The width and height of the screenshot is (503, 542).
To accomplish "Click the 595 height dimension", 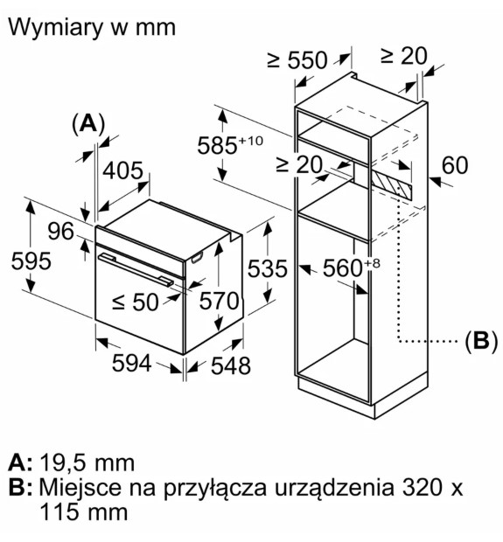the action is (x=31, y=261).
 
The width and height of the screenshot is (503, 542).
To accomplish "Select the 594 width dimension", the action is (x=132, y=363).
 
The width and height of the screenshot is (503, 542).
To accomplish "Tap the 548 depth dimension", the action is (x=231, y=365).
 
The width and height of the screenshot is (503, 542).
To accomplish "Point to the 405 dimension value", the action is (x=123, y=170).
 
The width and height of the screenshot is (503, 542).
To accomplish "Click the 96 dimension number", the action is (x=60, y=232).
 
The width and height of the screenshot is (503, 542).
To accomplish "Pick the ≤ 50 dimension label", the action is (x=136, y=302).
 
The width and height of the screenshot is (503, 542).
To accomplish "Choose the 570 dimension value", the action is (x=220, y=301).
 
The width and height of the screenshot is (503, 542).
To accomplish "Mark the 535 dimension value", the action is (x=268, y=268).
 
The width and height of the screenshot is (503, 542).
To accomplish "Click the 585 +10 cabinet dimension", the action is (x=230, y=145).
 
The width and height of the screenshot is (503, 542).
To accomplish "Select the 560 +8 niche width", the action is (x=351, y=268).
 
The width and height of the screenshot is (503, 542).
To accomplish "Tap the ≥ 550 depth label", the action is (x=297, y=60).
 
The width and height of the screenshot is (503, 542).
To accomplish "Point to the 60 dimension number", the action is (x=455, y=165).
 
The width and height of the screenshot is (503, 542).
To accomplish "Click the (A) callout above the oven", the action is (x=88, y=124).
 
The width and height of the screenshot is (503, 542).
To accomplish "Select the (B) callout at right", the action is (x=481, y=341).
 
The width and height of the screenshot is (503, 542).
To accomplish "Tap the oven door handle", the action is (x=136, y=270).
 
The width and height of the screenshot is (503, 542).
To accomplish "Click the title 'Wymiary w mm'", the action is (x=92, y=28).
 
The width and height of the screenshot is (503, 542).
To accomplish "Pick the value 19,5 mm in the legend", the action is (x=87, y=462).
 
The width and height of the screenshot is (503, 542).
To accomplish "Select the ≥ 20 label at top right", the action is (x=404, y=56).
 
